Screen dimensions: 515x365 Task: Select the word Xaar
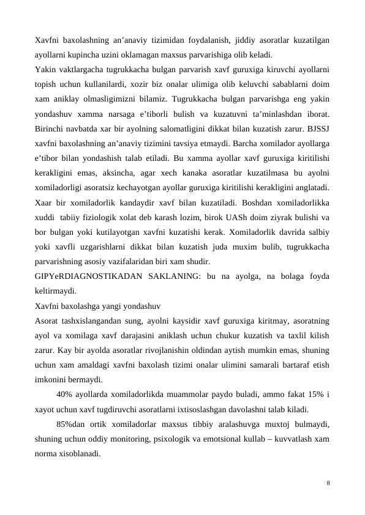(45, 202)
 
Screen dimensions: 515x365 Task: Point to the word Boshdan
(249, 202)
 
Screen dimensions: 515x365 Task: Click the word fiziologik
(106, 217)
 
